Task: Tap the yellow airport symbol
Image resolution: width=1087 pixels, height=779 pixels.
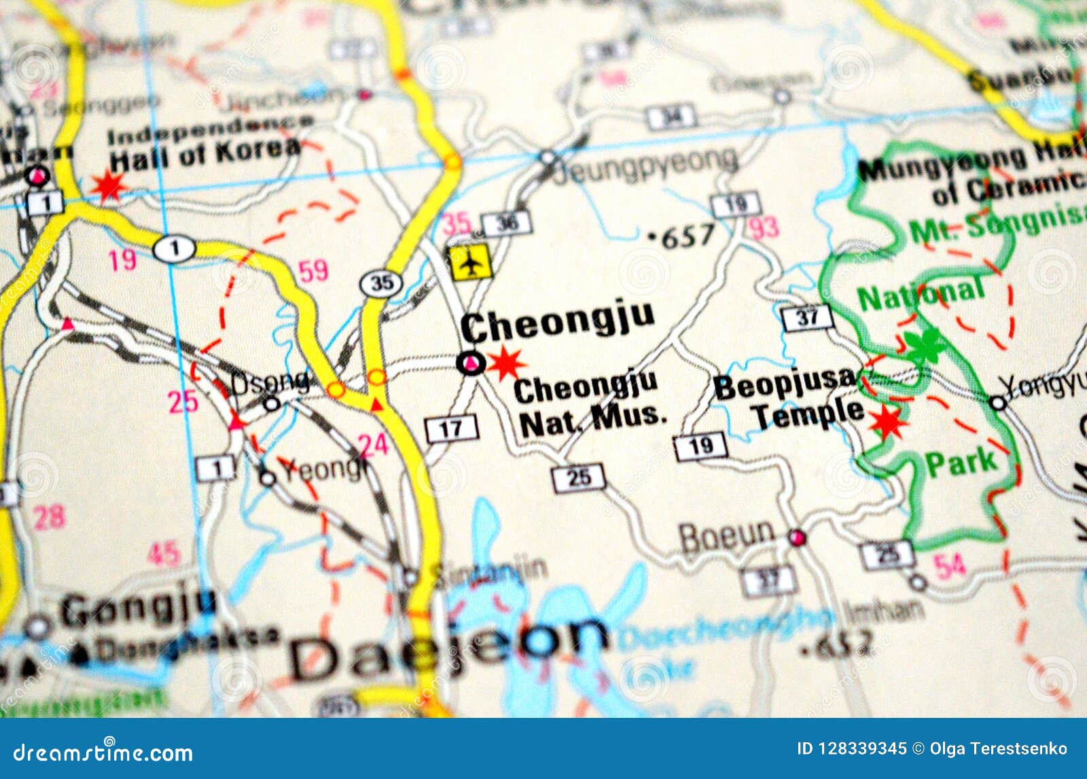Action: (470, 261)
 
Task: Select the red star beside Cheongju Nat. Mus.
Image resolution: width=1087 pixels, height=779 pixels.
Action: (506, 363)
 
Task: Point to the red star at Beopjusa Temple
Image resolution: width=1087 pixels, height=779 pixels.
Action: (888, 422)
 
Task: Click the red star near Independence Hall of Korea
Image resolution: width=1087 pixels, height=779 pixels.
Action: (109, 185)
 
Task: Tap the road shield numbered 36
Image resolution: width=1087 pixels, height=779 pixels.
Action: (506, 223)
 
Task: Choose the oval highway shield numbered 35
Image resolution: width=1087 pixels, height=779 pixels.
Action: (381, 283)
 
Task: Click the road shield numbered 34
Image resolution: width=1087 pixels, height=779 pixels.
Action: (671, 117)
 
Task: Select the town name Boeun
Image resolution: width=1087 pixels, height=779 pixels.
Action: (727, 537)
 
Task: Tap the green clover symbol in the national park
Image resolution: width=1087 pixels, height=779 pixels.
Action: (925, 344)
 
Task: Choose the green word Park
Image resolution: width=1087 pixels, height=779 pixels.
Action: (961, 464)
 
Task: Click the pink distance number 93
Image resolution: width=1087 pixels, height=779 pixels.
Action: (764, 228)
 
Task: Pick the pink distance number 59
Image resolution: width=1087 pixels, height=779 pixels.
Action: (313, 271)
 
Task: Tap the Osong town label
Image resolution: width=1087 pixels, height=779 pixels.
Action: (270, 384)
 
